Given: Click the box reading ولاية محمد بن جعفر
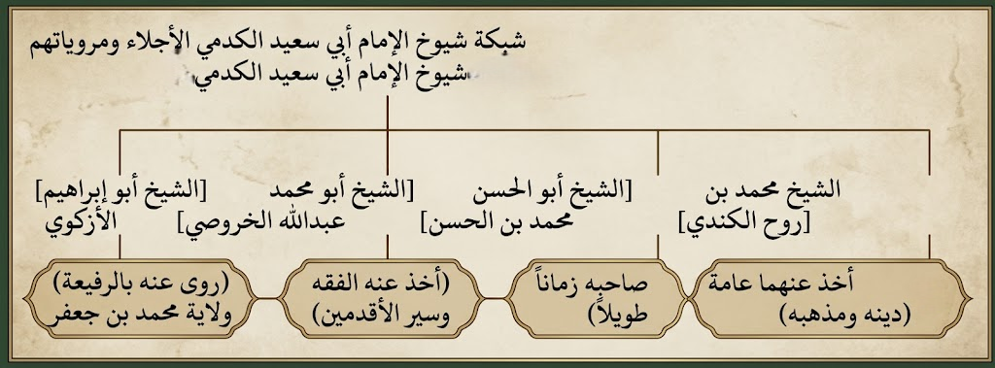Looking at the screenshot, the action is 140,298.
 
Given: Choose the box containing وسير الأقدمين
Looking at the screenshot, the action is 380,298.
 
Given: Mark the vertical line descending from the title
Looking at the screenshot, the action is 387,113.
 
